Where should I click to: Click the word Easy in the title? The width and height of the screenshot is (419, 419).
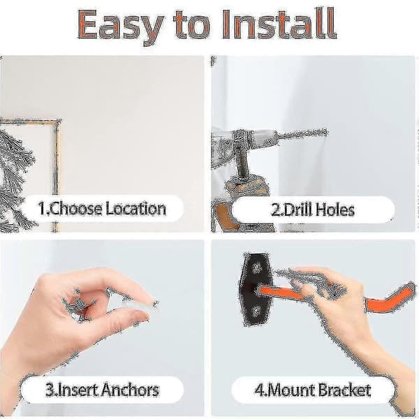(121, 26)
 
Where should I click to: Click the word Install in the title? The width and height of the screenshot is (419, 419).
(279, 24)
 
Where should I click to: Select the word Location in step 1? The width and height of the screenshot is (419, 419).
(135, 209)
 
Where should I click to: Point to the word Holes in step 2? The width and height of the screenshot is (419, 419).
(335, 209)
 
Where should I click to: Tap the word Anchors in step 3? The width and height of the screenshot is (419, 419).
(130, 390)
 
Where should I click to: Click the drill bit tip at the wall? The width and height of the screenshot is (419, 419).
(327, 132)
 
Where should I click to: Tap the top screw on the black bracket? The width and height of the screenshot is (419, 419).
(257, 267)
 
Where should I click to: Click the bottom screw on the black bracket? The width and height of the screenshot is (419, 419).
(256, 311)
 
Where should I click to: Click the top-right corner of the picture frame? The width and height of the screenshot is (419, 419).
(59, 121)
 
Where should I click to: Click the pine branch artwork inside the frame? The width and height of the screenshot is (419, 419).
(16, 177)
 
